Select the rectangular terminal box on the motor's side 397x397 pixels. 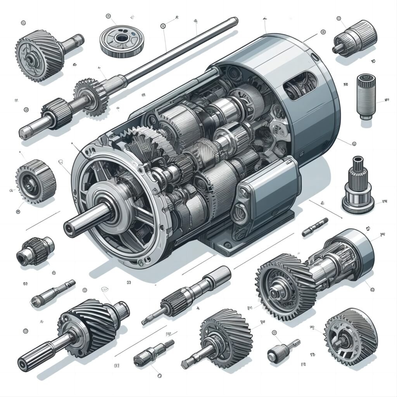tap(268, 190)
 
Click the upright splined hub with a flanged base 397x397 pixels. tap(357, 186)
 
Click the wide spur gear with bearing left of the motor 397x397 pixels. tap(35, 180)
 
